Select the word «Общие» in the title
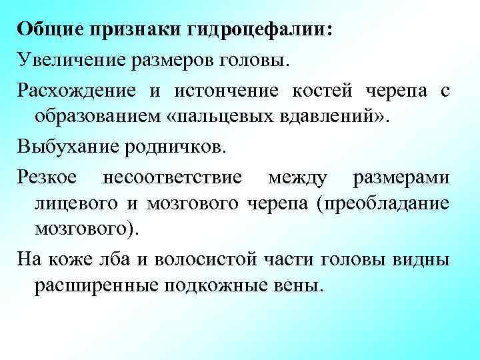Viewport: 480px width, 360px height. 46,30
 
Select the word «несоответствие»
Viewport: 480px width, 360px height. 176,178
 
